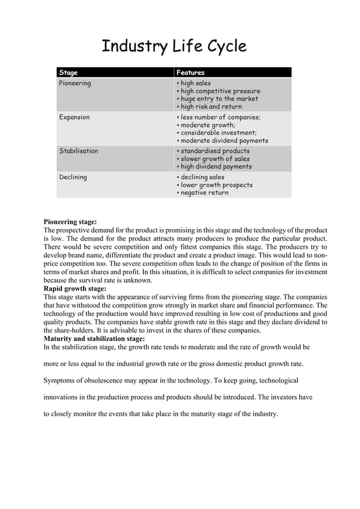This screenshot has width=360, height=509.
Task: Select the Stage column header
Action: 68,73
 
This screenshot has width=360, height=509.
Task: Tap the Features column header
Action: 191,73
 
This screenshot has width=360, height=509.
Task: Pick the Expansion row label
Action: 74,117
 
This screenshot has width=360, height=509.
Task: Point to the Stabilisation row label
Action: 79,151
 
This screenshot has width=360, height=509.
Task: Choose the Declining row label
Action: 73,177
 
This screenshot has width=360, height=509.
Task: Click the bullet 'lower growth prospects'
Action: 216,185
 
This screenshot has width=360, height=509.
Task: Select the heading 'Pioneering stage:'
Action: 71,222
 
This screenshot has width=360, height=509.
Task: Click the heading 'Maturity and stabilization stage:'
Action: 94,339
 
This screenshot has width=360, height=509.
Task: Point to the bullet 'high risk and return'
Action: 211,107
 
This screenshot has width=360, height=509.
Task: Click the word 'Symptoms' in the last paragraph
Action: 59,380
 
